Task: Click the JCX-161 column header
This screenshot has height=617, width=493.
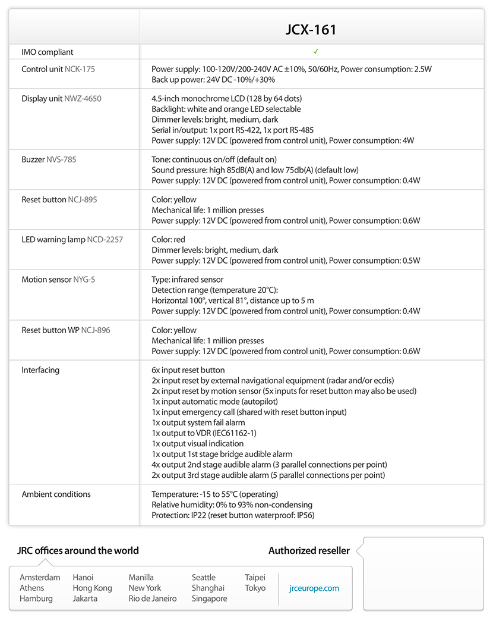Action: click(x=311, y=30)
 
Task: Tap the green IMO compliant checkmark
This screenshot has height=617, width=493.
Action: click(x=316, y=52)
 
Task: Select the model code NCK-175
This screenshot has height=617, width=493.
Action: click(x=80, y=69)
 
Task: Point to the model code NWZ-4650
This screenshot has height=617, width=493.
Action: click(x=82, y=99)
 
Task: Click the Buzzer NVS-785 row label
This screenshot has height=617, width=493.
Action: click(x=49, y=159)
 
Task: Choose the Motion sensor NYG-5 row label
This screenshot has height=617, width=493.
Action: click(x=58, y=280)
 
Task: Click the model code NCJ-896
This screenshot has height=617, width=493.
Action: click(x=96, y=330)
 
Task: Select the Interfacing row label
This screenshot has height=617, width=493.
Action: click(x=40, y=370)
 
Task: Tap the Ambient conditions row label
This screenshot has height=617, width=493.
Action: click(x=56, y=494)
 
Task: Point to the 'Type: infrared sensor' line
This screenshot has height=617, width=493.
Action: click(x=187, y=280)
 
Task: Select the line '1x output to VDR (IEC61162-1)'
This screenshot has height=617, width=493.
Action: click(x=204, y=433)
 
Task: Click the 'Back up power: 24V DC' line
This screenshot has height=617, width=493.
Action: click(x=213, y=80)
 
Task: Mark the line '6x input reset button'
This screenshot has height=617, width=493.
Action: click(x=188, y=370)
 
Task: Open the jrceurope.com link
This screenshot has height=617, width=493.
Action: click(x=314, y=588)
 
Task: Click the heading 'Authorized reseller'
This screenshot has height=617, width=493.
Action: click(x=309, y=551)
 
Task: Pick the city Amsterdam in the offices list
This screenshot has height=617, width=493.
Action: click(x=40, y=578)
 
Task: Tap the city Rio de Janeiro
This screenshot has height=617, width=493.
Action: click(x=153, y=599)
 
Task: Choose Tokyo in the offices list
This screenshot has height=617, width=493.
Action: click(x=255, y=588)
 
